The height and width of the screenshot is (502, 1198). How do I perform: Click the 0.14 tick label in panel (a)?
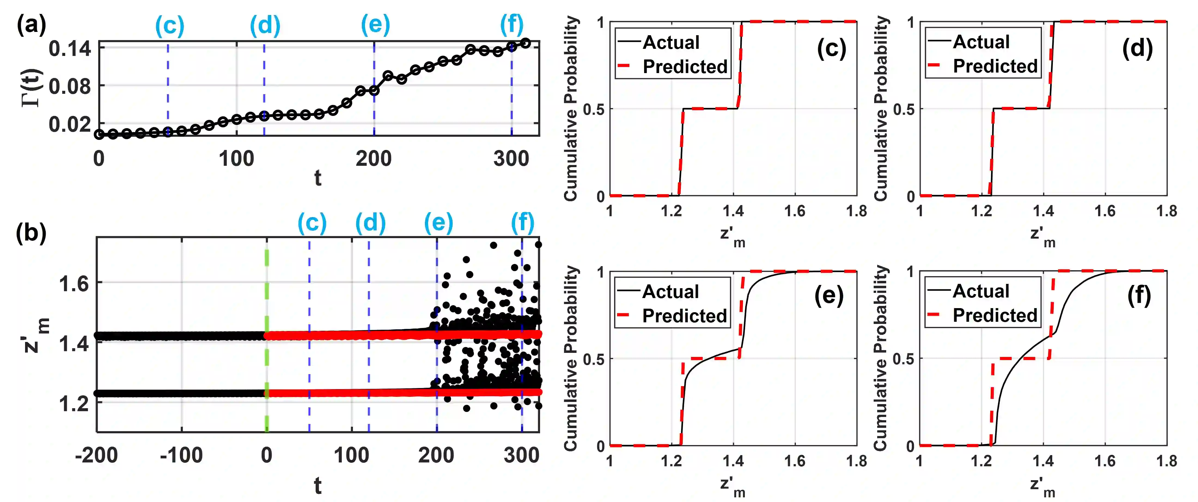(70, 49)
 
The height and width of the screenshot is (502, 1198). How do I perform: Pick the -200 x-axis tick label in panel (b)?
(96, 455)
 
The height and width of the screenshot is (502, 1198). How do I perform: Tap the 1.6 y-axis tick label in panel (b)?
(74, 283)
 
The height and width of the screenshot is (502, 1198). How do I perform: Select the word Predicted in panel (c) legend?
(685, 67)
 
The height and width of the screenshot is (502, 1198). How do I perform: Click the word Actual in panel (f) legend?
(981, 291)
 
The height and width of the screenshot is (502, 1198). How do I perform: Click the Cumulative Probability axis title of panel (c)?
(571, 109)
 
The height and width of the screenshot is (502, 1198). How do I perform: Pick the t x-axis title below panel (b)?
(318, 486)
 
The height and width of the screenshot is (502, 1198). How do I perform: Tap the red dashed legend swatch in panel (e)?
(623, 315)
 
